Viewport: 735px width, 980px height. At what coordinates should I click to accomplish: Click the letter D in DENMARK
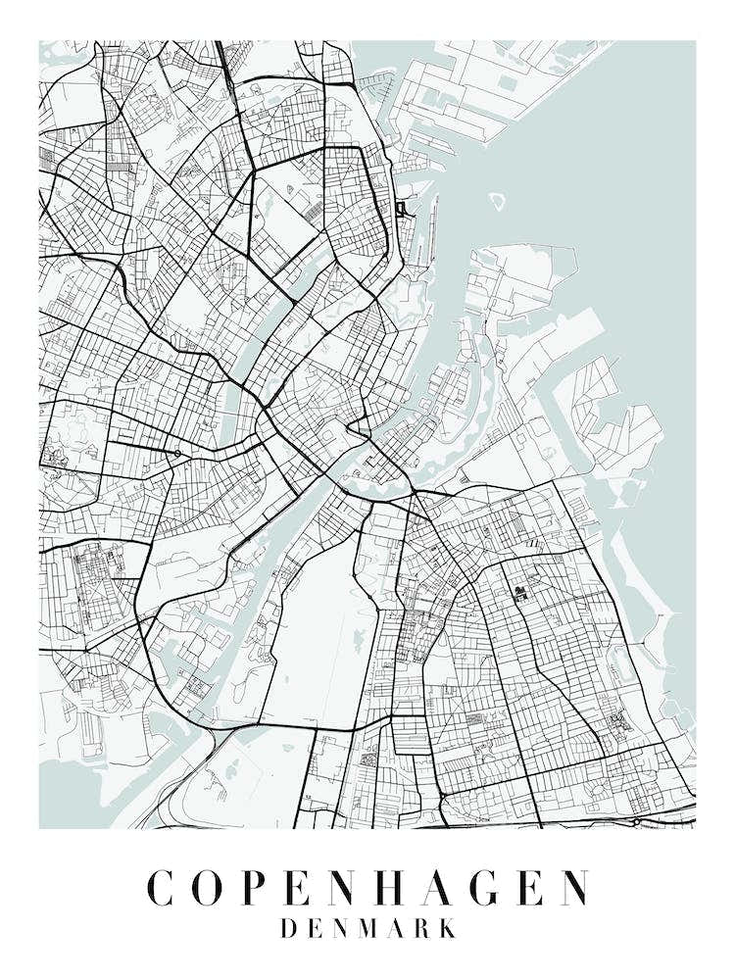[289, 928]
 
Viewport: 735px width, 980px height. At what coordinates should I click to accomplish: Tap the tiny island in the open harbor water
[497, 201]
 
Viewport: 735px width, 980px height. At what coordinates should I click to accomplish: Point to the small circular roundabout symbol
[176, 453]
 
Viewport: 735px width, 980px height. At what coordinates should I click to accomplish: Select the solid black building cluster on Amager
[519, 592]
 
